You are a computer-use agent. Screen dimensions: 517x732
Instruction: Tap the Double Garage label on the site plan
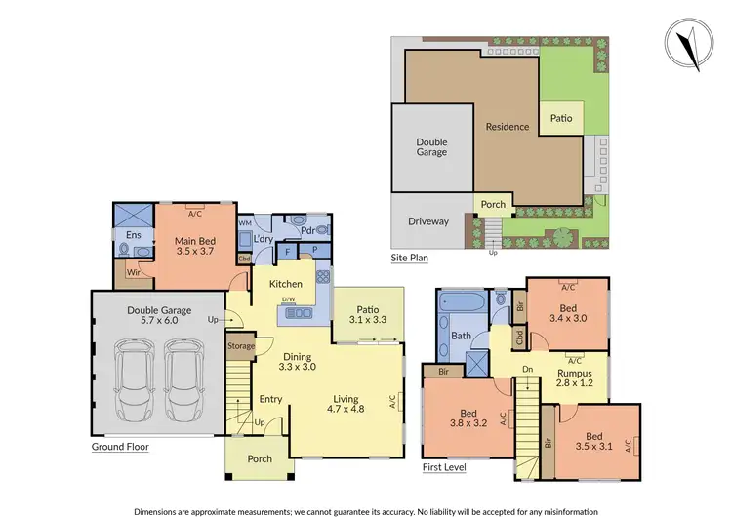tap(430, 146)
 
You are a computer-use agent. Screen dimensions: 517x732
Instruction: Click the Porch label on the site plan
tap(493, 205)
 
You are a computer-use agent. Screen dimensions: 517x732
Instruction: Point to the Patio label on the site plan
tap(561, 118)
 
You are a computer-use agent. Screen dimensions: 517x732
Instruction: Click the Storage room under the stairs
tap(241, 346)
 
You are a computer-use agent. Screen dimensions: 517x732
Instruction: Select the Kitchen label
tap(287, 284)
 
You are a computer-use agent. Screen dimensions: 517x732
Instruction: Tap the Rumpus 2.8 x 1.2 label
tap(574, 378)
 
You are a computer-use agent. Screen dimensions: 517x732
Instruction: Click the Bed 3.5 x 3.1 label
tap(593, 441)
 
